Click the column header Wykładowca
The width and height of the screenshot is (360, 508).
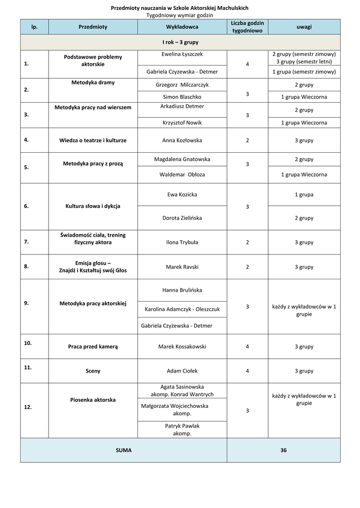pos(182,27)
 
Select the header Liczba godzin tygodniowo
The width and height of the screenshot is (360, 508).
pos(247,27)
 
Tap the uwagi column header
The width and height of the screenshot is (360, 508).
pos(304,27)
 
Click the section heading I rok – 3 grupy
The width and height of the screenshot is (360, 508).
pos(180,42)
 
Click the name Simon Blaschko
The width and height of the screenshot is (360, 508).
pos(182,97)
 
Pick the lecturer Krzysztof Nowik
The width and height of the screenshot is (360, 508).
pos(182,122)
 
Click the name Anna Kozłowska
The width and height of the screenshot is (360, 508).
pos(182,140)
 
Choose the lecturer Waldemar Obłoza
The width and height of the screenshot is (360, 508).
pos(182,175)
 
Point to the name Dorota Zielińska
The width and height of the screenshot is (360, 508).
pos(182,218)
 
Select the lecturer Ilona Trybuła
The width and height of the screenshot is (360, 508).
pos(182,242)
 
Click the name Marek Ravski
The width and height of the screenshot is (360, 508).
pos(182,267)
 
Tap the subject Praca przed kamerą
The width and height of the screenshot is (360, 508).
pos(93,347)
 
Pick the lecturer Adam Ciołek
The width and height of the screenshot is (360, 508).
pos(182,371)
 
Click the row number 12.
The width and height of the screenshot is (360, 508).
pos(28,407)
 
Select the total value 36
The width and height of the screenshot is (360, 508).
pos(284,450)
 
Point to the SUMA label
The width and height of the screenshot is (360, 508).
pos(124,450)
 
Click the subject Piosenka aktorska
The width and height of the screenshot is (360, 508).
pos(92,399)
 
